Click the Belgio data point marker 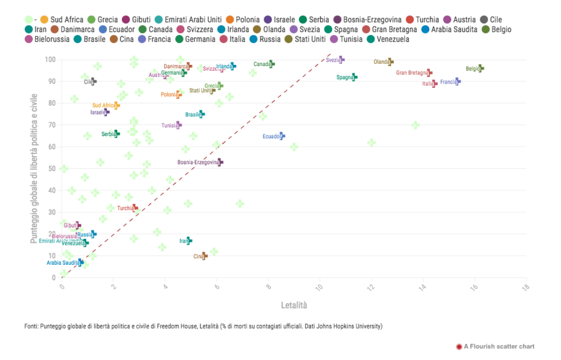point(480,68)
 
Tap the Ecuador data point point(281,136)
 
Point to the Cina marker point(204,256)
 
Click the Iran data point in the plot point(189,240)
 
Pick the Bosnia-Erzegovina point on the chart point(220,162)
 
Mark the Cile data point point(93,81)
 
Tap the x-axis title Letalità point(294,305)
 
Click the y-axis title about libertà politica point(34,168)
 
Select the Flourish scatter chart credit point(499,346)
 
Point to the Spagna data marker point(354,77)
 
